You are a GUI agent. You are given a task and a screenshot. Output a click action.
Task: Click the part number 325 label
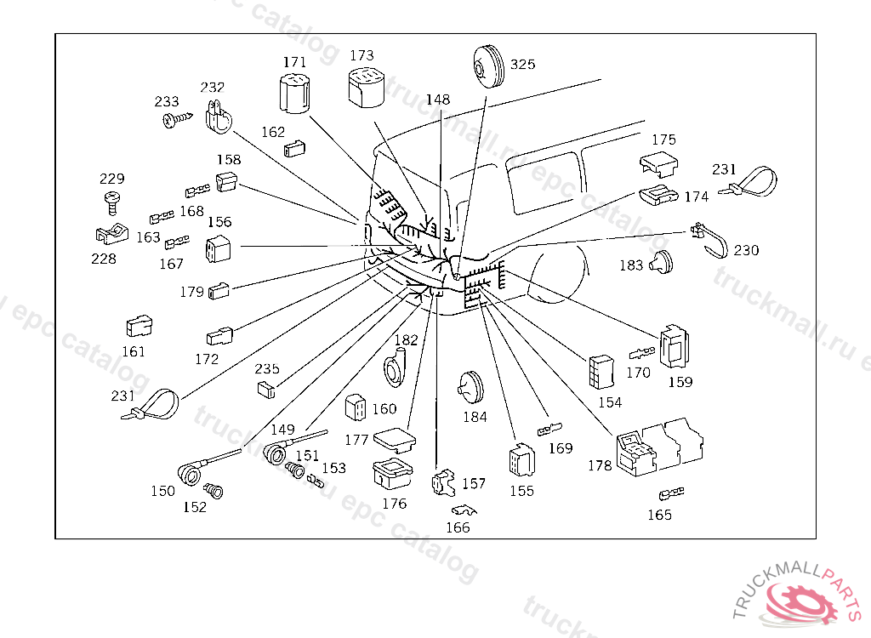(523, 65)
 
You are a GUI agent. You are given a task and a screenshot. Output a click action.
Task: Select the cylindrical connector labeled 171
(293, 94)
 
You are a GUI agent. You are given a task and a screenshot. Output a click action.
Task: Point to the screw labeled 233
(175, 119)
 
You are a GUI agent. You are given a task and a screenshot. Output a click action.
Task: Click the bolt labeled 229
(111, 201)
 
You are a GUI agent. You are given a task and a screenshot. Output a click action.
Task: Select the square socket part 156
(219, 248)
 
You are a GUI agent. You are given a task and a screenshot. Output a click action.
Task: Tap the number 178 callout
(600, 465)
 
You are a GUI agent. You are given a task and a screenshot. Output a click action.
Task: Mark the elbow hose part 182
(398, 365)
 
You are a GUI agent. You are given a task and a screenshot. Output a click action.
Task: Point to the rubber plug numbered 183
(660, 263)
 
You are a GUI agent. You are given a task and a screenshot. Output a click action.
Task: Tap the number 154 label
(610, 402)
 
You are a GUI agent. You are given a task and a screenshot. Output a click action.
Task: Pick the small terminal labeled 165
(671, 494)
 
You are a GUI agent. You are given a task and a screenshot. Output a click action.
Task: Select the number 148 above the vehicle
(438, 100)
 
